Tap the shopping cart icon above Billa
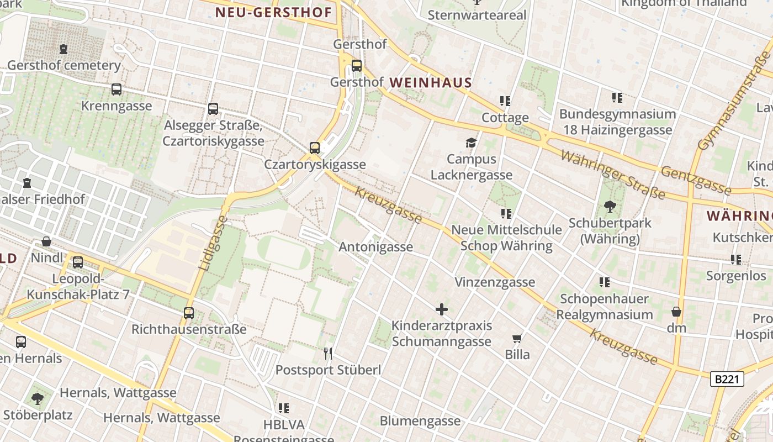tap(517, 338)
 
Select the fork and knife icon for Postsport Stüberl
tap(329, 354)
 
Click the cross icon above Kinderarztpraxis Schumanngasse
tap(442, 309)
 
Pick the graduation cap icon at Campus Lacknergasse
tap(471, 143)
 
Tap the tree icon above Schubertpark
tap(610, 207)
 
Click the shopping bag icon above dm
tap(676, 312)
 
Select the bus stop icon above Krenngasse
tap(116, 90)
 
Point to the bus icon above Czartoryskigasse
tap(315, 148)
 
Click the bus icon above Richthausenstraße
tap(189, 313)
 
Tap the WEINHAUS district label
tap(431, 83)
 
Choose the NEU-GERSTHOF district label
tap(274, 12)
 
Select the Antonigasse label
tap(375, 247)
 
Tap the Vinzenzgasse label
tap(495, 282)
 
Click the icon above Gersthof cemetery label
tap(63, 49)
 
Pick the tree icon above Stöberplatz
tap(38, 398)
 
